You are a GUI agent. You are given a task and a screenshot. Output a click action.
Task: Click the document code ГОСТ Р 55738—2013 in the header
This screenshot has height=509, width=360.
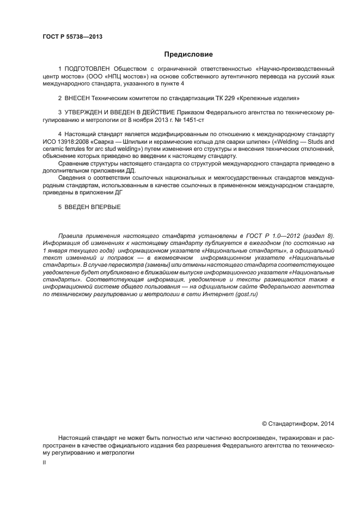point(72,37)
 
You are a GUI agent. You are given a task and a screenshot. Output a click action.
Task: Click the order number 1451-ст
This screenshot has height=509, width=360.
point(194,119)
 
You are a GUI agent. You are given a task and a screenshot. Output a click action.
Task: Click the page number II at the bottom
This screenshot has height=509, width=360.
point(44,462)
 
